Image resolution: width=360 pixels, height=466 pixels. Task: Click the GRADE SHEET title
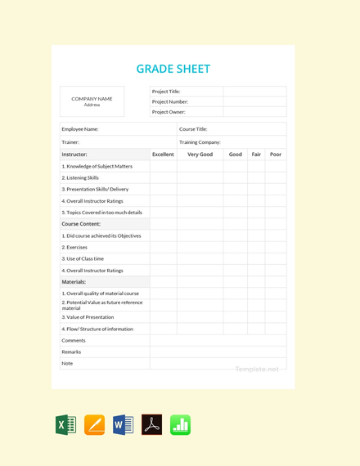(173, 69)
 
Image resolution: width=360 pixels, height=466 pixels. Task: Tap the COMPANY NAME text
(92, 99)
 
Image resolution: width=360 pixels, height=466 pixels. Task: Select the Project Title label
(166, 92)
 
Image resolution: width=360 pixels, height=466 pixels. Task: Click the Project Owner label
(169, 112)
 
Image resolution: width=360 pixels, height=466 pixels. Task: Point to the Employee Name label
(80, 129)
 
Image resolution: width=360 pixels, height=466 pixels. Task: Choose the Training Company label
(200, 142)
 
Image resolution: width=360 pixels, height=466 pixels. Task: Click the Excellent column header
(163, 155)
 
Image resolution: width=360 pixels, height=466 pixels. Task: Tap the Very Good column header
(200, 155)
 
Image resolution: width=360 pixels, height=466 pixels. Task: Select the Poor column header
(276, 155)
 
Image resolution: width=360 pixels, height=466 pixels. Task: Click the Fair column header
(256, 155)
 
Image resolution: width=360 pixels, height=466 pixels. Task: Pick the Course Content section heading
(81, 224)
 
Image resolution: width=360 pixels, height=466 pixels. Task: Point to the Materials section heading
(74, 282)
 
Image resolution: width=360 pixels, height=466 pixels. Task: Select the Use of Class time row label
(83, 258)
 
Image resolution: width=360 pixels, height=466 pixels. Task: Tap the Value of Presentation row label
(88, 317)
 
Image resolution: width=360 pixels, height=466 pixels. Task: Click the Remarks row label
(71, 352)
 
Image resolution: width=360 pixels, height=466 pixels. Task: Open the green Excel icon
(65, 425)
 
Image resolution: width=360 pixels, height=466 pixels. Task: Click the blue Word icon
(123, 425)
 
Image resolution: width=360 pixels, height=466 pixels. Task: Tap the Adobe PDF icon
(151, 425)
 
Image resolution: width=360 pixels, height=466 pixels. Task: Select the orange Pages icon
(94, 425)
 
